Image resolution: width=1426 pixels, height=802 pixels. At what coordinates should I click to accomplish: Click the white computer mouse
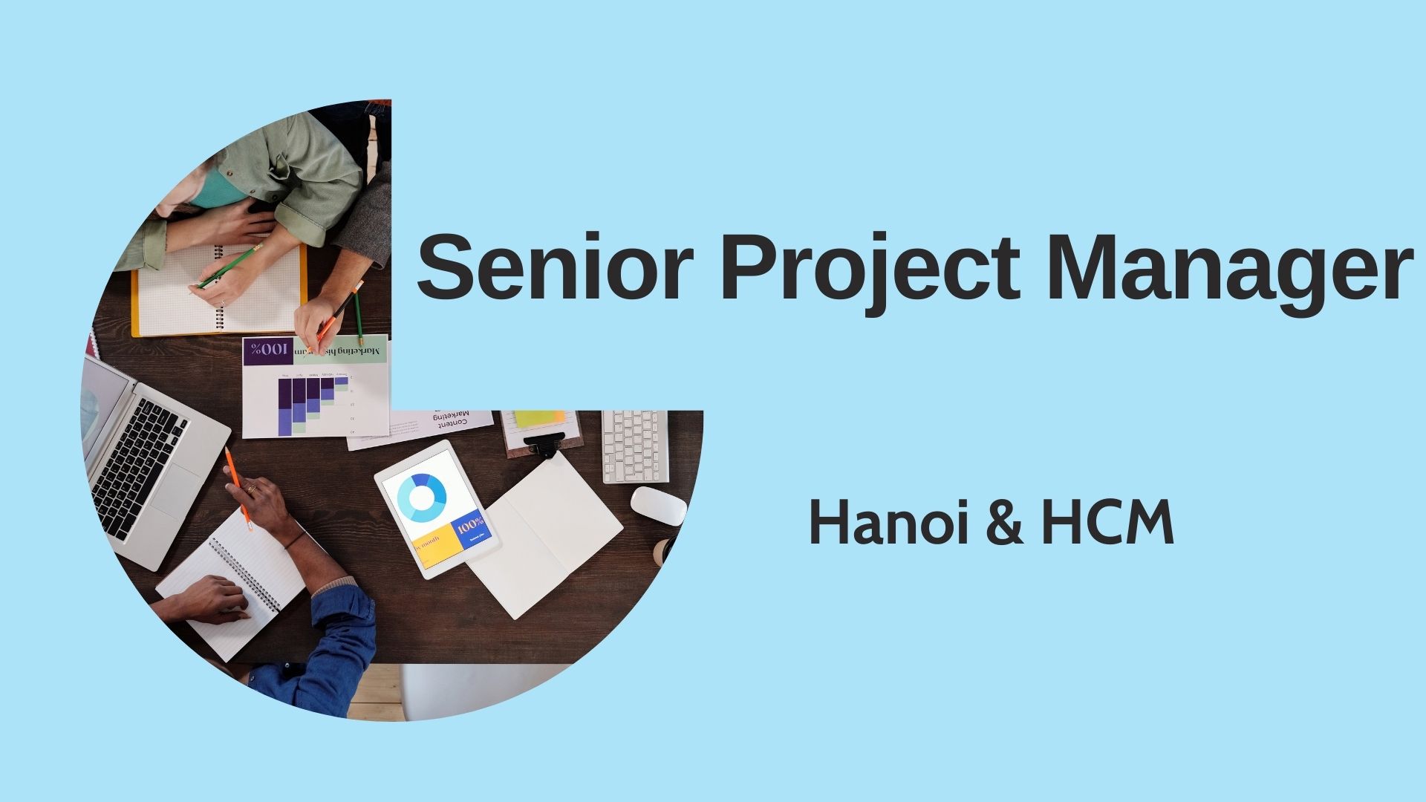pos(659,506)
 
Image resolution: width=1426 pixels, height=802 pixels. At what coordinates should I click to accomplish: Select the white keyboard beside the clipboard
pos(634,446)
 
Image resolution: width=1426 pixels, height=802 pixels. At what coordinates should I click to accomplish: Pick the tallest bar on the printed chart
pos(285,405)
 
